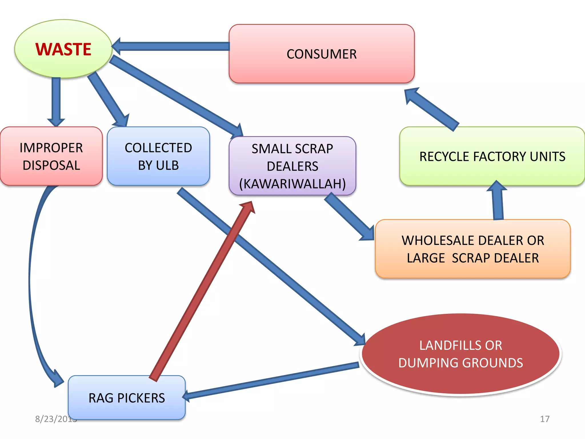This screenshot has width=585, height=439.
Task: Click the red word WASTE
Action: point(63,49)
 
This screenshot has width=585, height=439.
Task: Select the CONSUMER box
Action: point(321,54)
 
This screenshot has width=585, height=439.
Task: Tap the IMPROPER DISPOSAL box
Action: point(51,156)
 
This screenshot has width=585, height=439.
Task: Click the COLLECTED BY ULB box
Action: point(158,156)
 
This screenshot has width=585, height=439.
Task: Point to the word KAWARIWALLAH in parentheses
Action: point(292,184)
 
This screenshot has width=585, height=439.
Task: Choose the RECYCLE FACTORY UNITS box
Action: point(492,156)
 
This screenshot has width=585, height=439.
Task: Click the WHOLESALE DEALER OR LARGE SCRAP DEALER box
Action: point(473,249)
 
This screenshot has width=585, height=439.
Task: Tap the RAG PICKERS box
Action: point(127,398)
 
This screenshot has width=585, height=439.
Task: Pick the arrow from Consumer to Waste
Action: point(171,46)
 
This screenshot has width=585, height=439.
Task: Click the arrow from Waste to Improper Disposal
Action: point(56,100)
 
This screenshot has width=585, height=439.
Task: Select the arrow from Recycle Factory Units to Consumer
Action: point(431,109)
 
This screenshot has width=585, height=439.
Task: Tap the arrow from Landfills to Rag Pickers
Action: point(271,381)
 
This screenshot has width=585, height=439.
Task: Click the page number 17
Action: point(544,419)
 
